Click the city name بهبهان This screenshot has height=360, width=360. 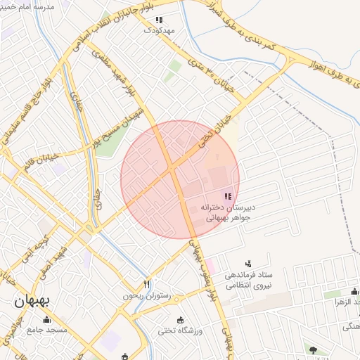28,303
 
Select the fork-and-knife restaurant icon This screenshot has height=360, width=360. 147,284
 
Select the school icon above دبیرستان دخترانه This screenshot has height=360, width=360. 227,196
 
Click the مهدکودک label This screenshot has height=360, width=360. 159,31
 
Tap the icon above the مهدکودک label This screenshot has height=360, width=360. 159,20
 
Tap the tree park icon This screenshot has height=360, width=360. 313,349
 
